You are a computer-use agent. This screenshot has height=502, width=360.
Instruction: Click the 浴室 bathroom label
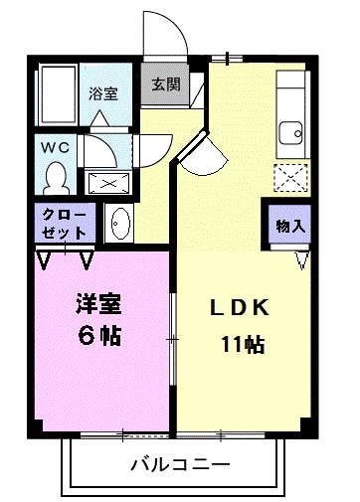(x=103, y=94)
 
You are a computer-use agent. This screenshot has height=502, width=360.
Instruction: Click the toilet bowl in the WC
(x=55, y=176)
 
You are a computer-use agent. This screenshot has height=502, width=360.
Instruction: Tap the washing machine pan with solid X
(x=104, y=182)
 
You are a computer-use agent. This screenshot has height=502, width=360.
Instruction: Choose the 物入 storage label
(x=289, y=226)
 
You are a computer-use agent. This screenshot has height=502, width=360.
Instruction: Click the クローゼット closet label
(x=66, y=223)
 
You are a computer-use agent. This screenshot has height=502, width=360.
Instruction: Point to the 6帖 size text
(x=98, y=335)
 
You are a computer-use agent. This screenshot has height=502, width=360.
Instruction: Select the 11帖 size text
(x=242, y=346)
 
